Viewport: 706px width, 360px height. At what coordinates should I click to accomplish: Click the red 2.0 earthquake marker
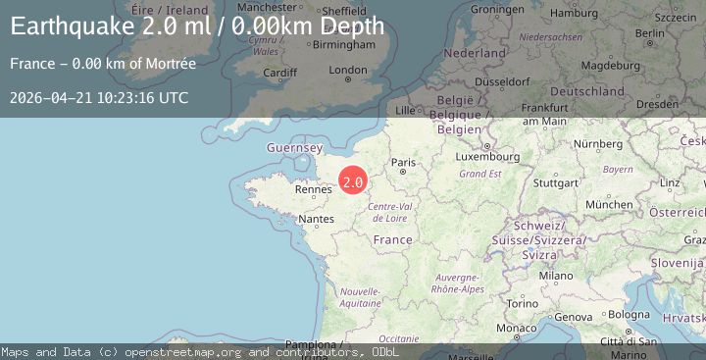click(x=353, y=180)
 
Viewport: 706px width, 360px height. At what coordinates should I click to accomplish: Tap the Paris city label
click(x=404, y=163)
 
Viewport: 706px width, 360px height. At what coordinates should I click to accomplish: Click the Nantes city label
click(x=316, y=220)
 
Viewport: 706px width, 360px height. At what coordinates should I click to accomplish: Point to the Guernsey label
click(x=294, y=148)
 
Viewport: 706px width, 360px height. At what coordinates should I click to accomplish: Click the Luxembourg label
click(x=487, y=156)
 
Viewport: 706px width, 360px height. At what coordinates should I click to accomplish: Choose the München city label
click(x=608, y=204)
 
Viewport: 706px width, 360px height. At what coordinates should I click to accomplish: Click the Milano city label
click(x=555, y=277)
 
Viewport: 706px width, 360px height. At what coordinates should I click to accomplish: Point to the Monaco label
click(x=517, y=328)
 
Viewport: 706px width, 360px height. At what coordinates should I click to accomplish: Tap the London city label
click(x=348, y=71)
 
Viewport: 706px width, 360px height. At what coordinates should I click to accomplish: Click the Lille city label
click(x=404, y=111)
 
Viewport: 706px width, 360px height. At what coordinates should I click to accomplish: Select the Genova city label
click(x=574, y=317)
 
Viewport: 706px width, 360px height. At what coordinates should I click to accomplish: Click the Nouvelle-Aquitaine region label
click(x=360, y=297)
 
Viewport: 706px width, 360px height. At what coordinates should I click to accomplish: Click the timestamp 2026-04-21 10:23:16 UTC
click(x=99, y=98)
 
